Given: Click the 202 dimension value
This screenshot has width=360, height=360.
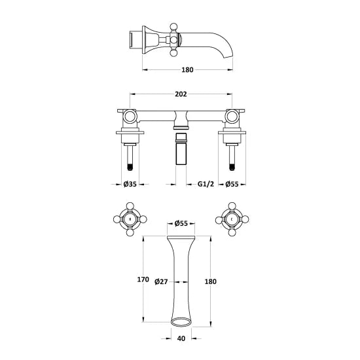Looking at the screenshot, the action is click(x=181, y=94).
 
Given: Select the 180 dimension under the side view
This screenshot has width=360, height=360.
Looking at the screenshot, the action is click(x=187, y=69).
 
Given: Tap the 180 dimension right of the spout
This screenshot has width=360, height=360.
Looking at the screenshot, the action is click(x=211, y=281).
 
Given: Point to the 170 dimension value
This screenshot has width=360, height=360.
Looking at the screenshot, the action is click(x=143, y=279).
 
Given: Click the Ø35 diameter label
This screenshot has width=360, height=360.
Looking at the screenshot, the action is click(x=130, y=184).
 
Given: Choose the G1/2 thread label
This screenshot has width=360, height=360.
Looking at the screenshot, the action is click(x=206, y=184).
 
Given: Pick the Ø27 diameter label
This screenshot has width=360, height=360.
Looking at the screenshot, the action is click(x=161, y=281).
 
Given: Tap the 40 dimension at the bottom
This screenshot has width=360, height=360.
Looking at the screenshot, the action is click(x=181, y=338).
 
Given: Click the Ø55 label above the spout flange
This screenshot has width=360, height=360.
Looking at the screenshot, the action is click(x=181, y=223).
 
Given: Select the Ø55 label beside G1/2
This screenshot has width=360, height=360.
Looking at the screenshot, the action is click(x=232, y=184).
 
